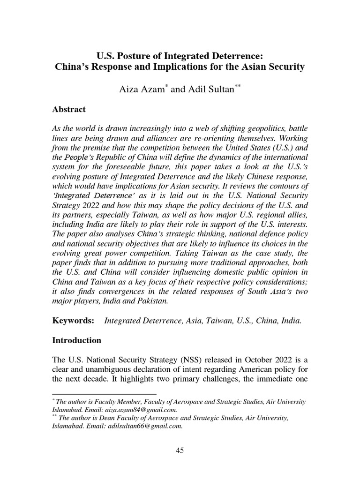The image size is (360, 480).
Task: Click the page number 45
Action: click(180, 451)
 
